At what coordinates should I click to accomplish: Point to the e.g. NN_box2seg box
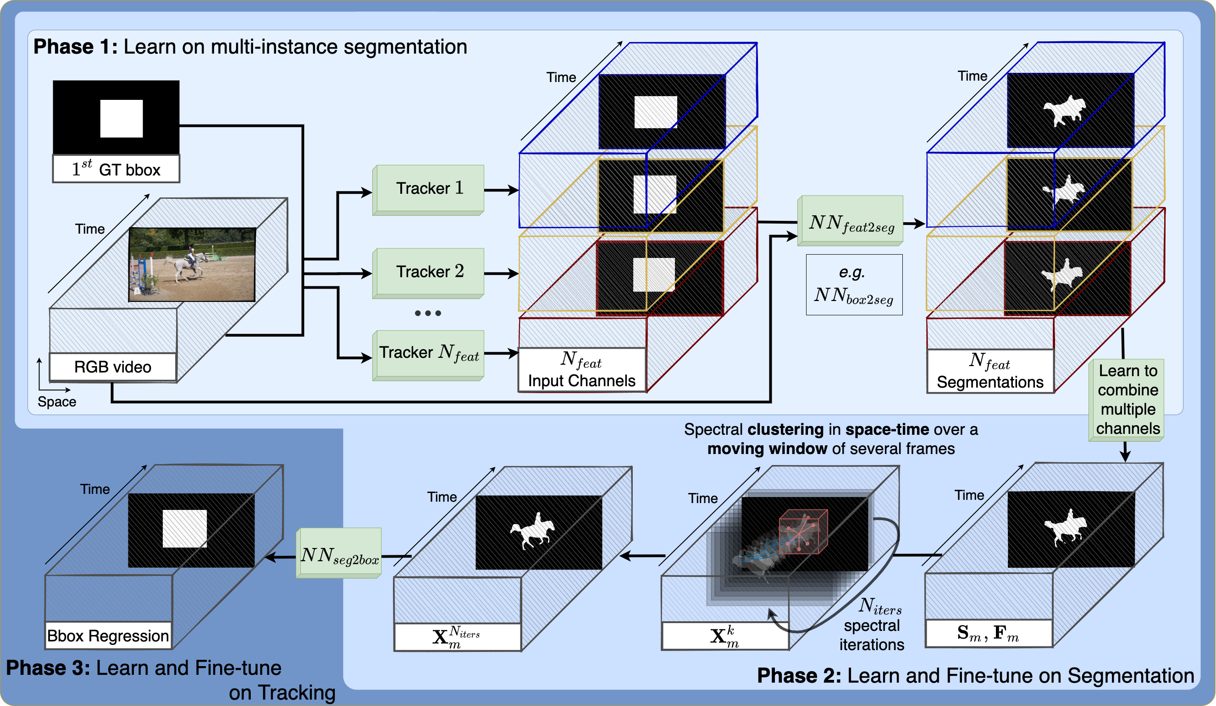[854, 285]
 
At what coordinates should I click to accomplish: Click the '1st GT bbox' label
[116, 169]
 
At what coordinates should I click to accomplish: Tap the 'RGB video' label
[112, 367]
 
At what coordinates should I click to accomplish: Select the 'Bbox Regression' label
[108, 635]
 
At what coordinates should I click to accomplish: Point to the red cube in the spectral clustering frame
[802, 532]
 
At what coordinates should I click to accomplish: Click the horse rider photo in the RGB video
[192, 264]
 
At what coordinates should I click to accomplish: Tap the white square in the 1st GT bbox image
[121, 119]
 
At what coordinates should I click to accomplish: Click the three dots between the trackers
[427, 313]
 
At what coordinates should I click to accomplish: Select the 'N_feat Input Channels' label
[581, 370]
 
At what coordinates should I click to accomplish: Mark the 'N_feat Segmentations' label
[989, 371]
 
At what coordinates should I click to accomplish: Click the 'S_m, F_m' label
[988, 633]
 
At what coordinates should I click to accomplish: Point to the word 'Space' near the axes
[57, 402]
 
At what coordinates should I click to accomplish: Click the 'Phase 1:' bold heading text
[75, 47]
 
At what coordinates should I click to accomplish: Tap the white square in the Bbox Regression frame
[184, 529]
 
